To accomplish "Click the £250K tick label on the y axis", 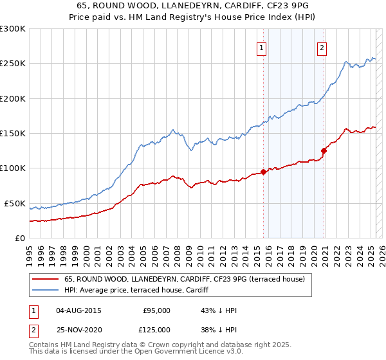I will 12,64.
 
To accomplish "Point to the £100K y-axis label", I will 12,168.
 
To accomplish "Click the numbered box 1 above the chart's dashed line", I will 262,47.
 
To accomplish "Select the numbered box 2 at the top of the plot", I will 322,47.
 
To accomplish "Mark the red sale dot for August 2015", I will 264,172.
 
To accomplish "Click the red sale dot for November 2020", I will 324,151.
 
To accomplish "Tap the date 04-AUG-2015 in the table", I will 79,310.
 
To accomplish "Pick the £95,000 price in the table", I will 156,310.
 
